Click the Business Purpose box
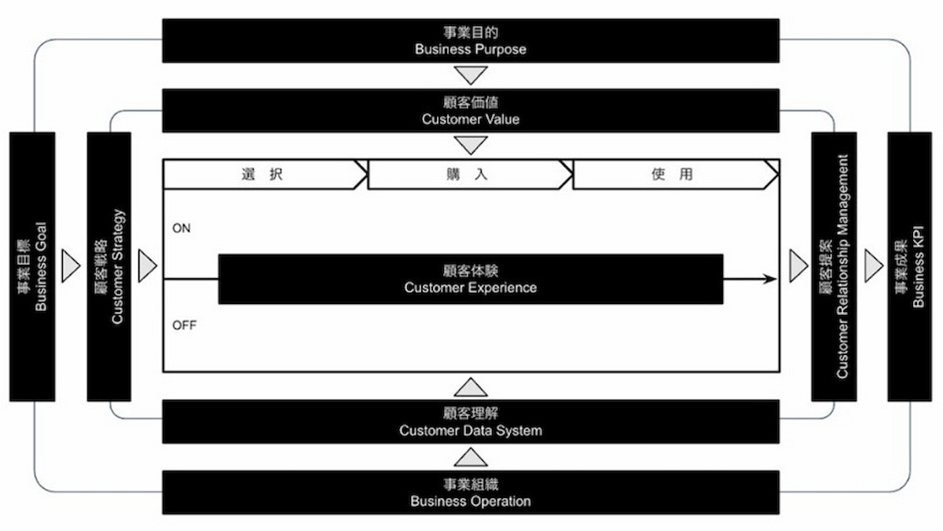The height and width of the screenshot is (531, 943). [471, 41]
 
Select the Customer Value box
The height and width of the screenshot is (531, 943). [471, 111]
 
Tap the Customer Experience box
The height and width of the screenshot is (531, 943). [471, 279]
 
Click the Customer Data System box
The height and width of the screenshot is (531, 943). [471, 422]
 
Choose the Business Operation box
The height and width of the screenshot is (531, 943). [471, 493]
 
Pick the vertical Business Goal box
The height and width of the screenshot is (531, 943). [32, 267]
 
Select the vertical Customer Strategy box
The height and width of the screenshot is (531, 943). [109, 267]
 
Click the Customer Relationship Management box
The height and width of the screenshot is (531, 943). [834, 267]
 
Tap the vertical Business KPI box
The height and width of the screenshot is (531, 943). [910, 267]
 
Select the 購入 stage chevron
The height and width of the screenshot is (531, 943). [469, 174]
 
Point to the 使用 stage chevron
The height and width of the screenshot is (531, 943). [675, 174]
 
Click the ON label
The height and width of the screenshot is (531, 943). [182, 228]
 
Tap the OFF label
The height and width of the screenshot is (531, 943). [185, 325]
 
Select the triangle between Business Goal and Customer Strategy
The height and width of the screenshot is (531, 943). [71, 266]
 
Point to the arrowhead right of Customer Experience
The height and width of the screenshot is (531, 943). [770, 279]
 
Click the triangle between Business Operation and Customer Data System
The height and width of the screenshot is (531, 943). [471, 457]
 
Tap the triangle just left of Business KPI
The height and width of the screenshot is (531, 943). [874, 266]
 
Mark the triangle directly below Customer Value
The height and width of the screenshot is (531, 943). [471, 145]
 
